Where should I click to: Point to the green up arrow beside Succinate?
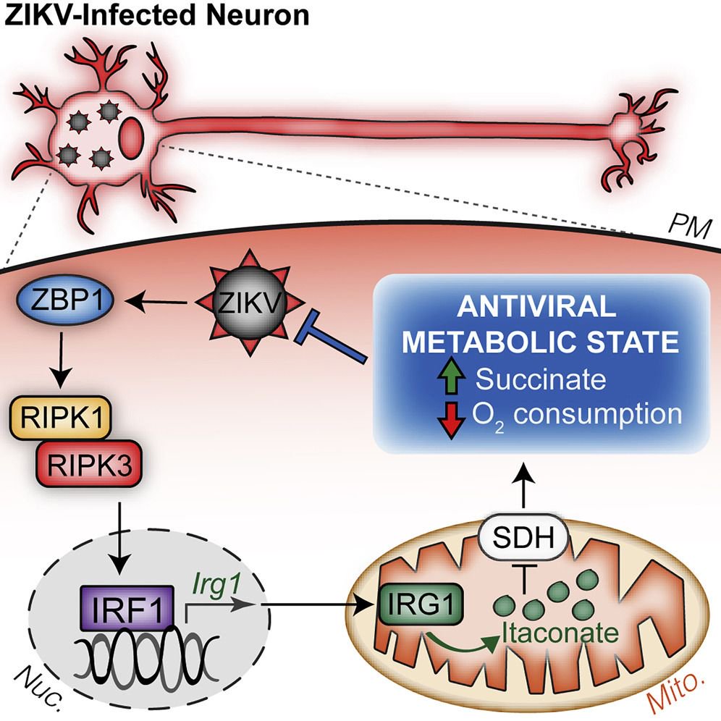tap(448, 379)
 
